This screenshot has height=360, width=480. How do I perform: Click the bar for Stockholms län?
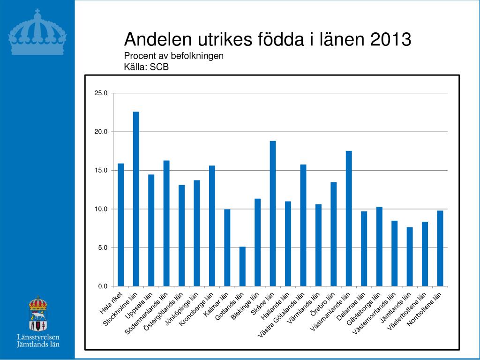click(136, 199)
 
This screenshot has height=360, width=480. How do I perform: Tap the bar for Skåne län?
click(273, 213)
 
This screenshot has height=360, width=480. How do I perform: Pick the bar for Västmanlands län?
click(349, 218)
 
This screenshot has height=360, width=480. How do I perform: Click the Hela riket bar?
click(121, 225)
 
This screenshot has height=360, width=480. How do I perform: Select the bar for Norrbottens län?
click(440, 248)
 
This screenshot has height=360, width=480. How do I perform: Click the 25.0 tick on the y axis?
click(101, 93)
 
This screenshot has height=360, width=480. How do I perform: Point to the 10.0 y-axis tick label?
click(101, 209)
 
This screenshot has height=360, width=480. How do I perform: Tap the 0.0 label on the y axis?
click(103, 286)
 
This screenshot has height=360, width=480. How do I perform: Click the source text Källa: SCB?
click(146, 67)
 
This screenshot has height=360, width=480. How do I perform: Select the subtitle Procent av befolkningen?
click(173, 56)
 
